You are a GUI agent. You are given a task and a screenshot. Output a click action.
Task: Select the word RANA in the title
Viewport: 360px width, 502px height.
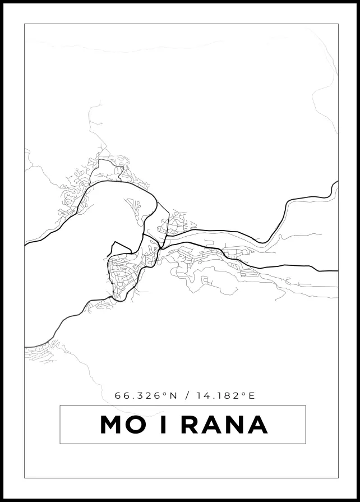point(224,425)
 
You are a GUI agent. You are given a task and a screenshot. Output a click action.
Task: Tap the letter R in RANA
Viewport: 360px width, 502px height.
point(190,425)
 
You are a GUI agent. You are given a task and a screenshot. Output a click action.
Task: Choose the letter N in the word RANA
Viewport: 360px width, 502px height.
point(236,425)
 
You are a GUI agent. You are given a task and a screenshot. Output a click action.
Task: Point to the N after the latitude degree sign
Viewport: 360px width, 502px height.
point(173,395)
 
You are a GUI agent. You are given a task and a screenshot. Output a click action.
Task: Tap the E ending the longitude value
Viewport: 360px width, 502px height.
point(252,395)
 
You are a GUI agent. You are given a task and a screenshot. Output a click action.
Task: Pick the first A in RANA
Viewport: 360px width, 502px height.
point(213,425)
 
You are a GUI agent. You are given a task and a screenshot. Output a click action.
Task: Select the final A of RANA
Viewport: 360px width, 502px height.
point(257,425)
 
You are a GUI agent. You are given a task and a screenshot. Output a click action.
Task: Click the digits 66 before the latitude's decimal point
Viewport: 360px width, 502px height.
point(121,395)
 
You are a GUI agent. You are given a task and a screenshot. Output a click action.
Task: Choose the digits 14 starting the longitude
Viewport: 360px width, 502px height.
point(202,395)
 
